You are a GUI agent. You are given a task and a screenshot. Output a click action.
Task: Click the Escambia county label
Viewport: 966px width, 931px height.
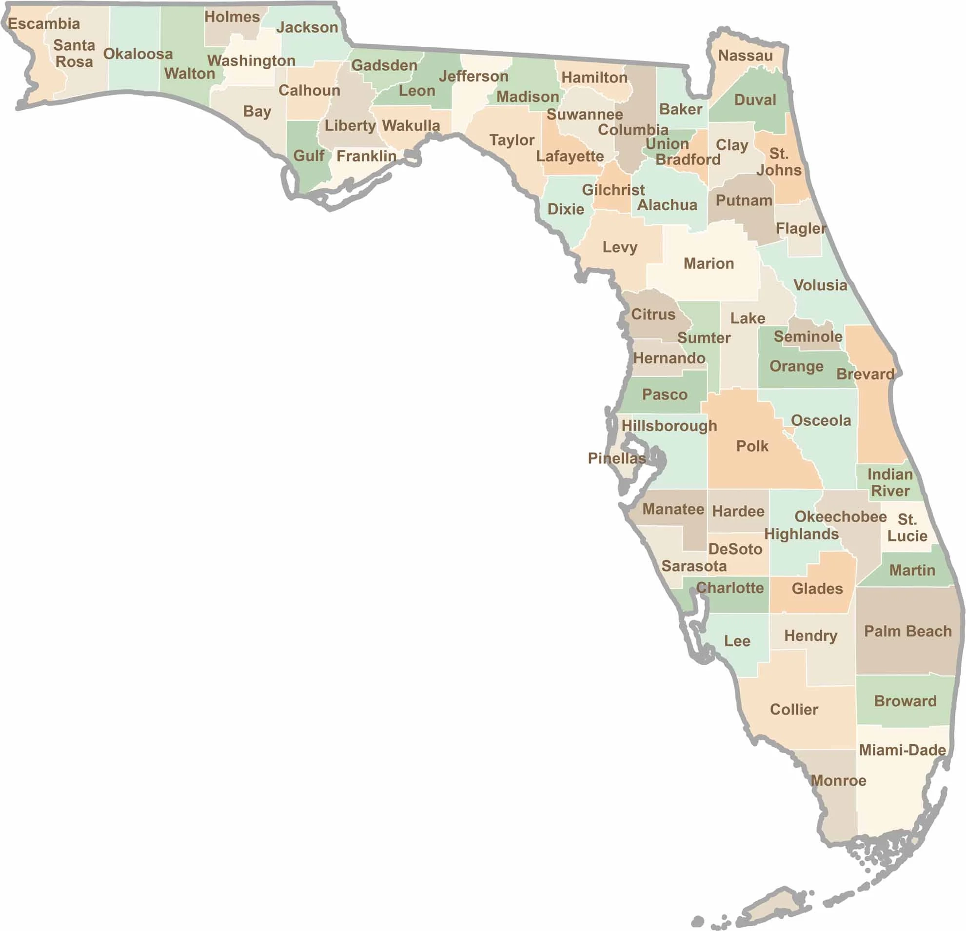44,24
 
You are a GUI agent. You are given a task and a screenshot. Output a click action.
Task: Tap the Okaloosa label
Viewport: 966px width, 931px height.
138,54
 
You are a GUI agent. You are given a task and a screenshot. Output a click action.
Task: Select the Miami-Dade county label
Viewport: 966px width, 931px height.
902,750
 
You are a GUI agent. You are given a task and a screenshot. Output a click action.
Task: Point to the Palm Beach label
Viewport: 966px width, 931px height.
907,631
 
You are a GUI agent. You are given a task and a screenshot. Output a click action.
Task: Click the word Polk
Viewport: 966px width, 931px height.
751,446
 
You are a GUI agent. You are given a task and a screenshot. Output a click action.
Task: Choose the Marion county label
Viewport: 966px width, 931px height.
708,264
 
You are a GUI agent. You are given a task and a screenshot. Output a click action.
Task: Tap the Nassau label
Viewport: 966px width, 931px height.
745,56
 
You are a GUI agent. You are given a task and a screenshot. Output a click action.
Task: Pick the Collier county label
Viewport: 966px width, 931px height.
793,709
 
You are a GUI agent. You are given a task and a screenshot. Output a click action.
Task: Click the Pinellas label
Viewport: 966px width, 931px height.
616,458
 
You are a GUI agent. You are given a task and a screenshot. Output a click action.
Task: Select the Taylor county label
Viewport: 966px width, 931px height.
512,140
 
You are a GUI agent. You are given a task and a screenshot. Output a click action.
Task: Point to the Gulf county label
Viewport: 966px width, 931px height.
309,156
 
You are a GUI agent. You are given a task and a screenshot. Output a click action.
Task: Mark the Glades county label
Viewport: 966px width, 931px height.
817,589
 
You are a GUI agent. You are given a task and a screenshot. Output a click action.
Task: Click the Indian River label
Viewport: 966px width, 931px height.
889,482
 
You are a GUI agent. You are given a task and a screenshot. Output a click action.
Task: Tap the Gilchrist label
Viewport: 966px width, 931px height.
612,190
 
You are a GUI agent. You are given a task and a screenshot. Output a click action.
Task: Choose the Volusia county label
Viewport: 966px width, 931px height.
820,285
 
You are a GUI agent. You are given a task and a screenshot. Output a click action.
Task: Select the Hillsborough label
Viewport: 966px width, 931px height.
669,426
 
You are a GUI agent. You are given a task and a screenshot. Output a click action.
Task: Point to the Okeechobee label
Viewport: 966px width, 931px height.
840,516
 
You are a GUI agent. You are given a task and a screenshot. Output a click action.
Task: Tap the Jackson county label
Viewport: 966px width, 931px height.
307,28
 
